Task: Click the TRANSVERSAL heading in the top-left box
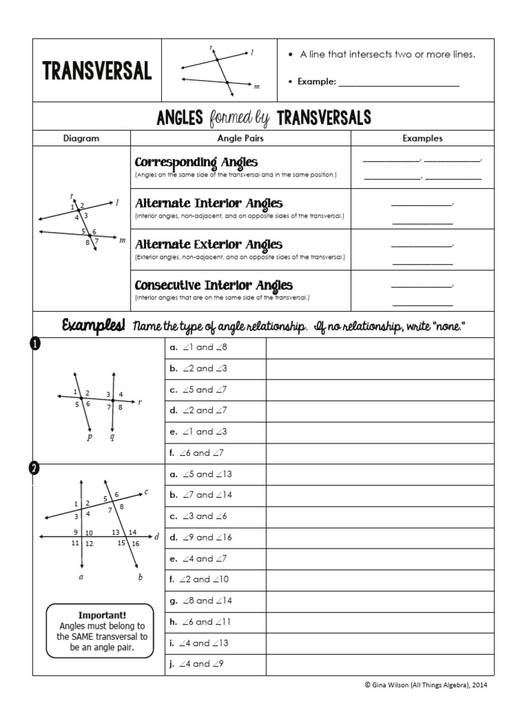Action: (97, 71)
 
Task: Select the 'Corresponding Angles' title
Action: (196, 162)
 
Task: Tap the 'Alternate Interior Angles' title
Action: (209, 203)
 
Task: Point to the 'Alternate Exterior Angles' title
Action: (209, 244)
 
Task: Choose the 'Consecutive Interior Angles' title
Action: (213, 285)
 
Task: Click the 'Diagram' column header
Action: (82, 138)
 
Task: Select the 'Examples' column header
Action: (422, 138)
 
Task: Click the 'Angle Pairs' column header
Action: (240, 138)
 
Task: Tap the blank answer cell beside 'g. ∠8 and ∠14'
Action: (379, 601)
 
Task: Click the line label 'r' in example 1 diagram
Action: (139, 402)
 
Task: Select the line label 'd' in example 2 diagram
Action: (156, 537)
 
